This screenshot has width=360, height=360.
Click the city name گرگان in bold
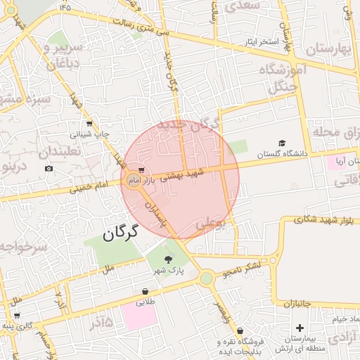tap(119, 231)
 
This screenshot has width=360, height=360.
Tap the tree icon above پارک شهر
tap(167, 260)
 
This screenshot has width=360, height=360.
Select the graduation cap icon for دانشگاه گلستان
tap(283, 143)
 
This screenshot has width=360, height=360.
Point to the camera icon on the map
tap(49, 168)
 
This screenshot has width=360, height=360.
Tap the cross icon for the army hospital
tap(300, 328)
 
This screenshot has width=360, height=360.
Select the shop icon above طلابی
tap(144, 291)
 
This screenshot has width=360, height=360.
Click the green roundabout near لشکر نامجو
tap(206, 278)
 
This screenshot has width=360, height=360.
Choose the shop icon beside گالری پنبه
tap(16, 316)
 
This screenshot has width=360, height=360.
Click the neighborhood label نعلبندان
tap(59, 152)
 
